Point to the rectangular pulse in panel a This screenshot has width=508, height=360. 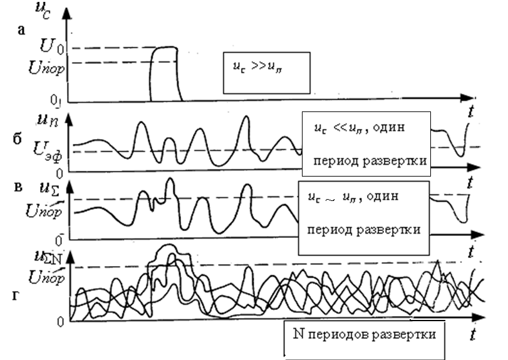click(x=165, y=72)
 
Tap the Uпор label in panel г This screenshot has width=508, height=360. click(x=48, y=275)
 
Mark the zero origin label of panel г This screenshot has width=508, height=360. click(x=61, y=322)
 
